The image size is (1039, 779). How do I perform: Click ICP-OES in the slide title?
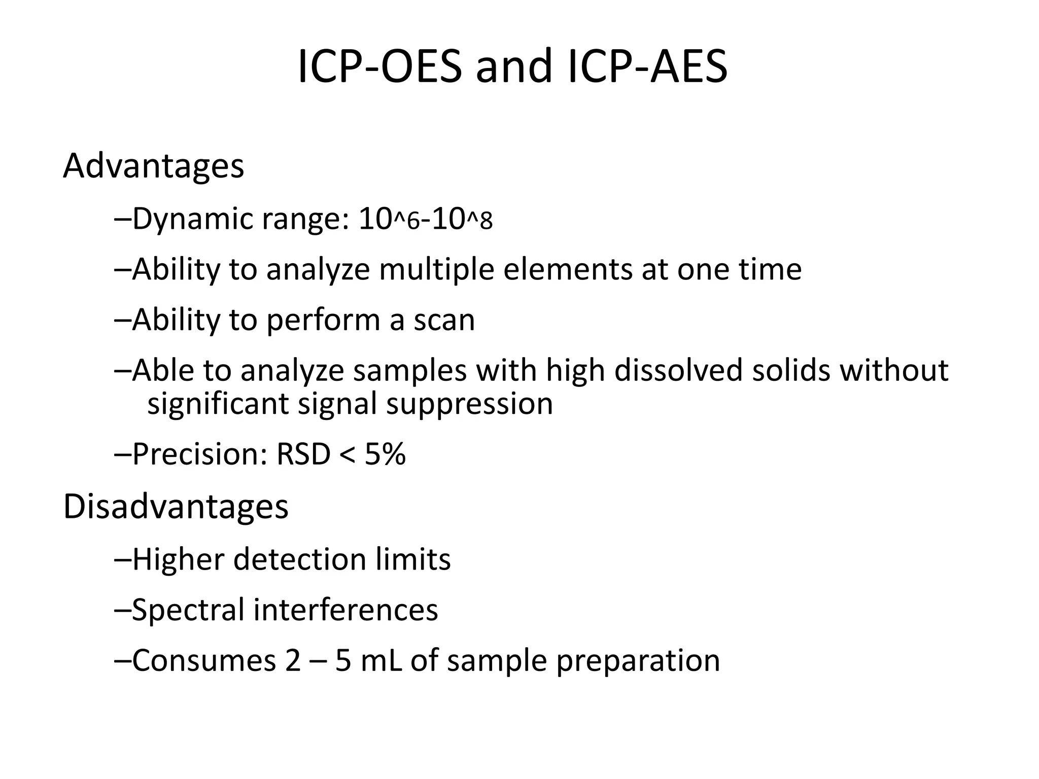tap(379, 67)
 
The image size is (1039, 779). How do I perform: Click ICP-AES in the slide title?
tap(647, 67)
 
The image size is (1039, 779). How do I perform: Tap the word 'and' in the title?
tap(513, 67)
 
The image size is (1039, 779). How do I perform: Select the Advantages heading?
tap(153, 166)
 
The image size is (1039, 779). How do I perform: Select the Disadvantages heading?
tap(176, 507)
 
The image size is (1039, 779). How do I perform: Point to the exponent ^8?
tap(479, 221)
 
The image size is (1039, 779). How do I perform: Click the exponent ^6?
tap(407, 221)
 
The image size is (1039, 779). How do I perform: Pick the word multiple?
tap(436, 269)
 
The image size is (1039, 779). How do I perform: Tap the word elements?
tap(568, 269)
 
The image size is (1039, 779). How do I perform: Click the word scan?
tap(444, 320)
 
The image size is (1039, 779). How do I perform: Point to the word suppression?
tap(469, 404)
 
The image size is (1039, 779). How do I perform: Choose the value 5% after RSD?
tap(385, 454)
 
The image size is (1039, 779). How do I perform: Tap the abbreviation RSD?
tap(303, 454)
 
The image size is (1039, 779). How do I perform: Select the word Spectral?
tap(188, 610)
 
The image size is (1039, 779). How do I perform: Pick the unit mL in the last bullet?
tap(381, 661)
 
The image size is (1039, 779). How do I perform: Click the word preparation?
tap(638, 661)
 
